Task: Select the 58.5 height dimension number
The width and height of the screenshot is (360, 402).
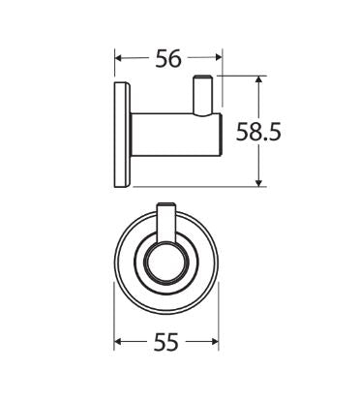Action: (260, 133)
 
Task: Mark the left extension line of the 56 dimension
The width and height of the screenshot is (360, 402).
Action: (116, 68)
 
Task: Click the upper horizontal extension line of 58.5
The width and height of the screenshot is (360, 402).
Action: (242, 77)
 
